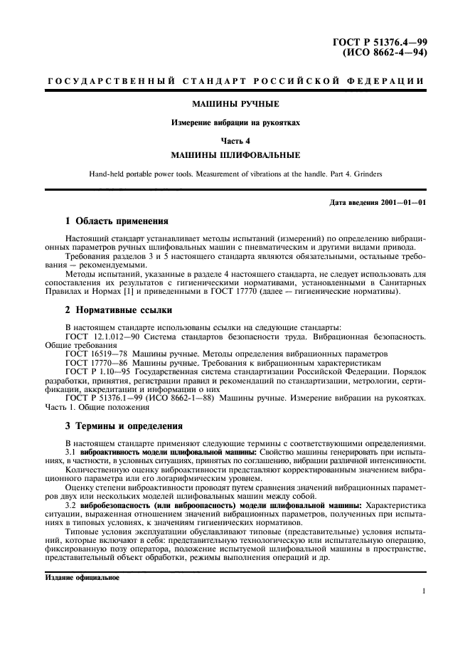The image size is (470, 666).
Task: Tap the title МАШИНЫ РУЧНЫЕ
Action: (235, 104)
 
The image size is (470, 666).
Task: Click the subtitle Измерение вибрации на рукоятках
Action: (235, 122)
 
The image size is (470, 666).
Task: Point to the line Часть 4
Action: (235, 140)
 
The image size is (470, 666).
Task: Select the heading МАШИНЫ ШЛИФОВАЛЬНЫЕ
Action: (235, 154)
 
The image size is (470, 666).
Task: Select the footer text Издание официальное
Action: (78, 578)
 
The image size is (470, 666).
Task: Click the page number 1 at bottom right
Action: (423, 591)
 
